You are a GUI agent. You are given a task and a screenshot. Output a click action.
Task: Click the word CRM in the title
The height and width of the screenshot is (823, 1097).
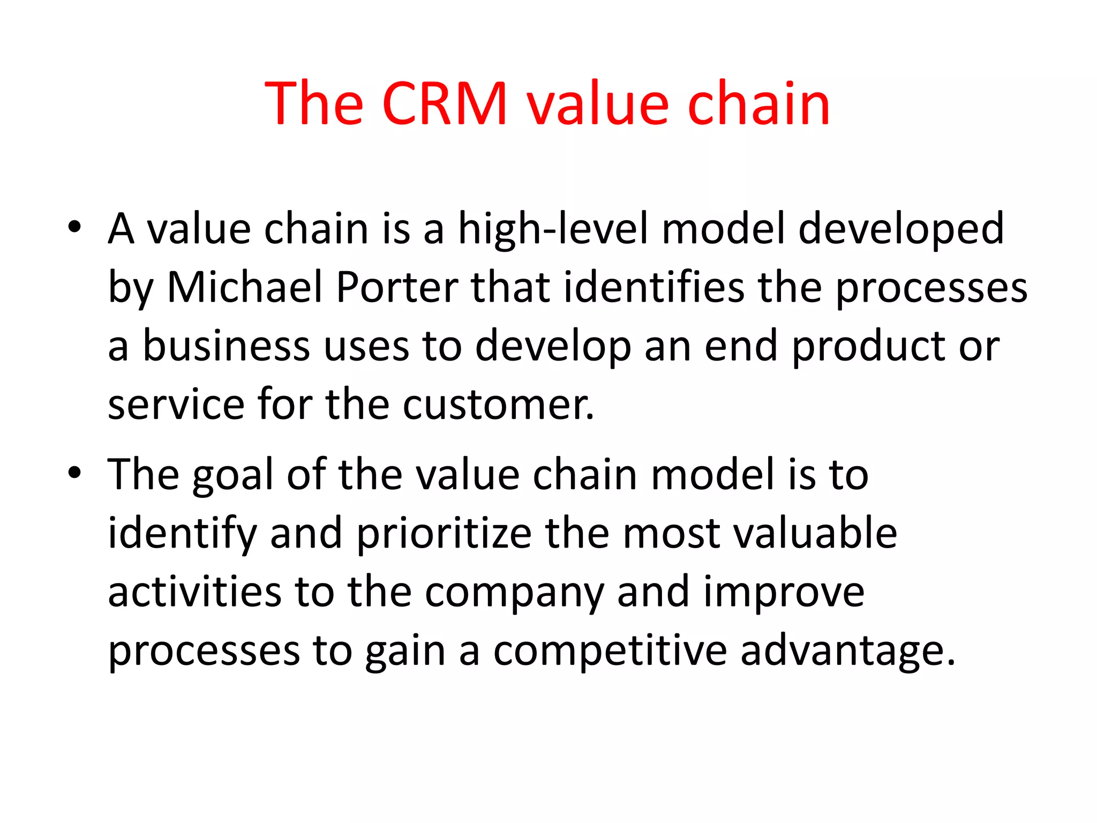coord(445,103)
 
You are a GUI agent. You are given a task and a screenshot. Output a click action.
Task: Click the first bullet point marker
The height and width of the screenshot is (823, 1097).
coord(74,227)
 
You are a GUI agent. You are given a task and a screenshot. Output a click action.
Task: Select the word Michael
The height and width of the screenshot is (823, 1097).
coord(245,287)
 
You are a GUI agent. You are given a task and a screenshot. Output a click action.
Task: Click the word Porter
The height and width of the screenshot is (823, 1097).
coord(397,287)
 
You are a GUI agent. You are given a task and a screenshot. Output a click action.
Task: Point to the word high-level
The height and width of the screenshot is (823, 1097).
coord(553,229)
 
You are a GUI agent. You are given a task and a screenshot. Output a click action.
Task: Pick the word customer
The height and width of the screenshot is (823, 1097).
coord(498,405)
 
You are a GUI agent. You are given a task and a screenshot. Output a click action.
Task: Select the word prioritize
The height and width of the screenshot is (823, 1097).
coord(444,535)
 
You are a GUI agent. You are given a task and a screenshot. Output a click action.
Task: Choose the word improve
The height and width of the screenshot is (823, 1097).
coord(784,594)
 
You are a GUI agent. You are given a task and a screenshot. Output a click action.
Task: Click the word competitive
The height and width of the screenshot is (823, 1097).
coord(610,653)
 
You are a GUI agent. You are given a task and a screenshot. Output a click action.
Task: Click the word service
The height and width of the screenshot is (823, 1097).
coord(176,405)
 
